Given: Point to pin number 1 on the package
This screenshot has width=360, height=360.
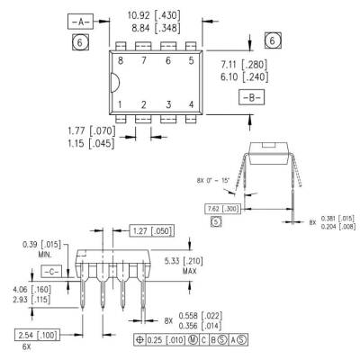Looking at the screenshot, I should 119,105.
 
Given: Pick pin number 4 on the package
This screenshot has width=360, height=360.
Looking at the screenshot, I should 190,105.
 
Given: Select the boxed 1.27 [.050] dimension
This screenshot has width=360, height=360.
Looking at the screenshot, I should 154,230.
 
